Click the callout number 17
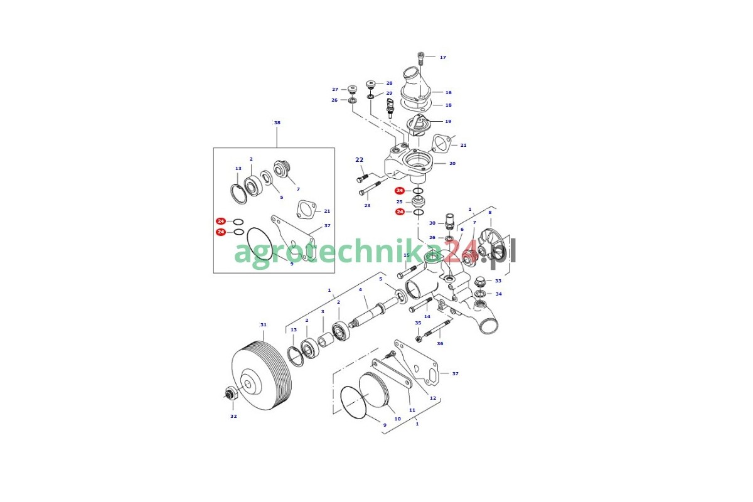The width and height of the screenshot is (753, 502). tap(443, 58)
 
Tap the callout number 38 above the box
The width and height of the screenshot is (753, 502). tap(277, 123)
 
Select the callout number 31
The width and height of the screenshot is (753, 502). tap(263, 325)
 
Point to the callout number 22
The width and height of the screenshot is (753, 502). tap(360, 160)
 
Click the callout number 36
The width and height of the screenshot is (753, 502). tap(440, 344)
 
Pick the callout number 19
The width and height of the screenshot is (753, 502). tap(448, 121)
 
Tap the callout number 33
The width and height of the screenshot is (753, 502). tap(498, 280)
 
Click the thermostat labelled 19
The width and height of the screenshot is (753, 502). tap(417, 125)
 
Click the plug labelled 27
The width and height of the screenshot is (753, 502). tap(352, 90)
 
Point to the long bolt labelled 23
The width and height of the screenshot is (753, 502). tap(370, 188)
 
